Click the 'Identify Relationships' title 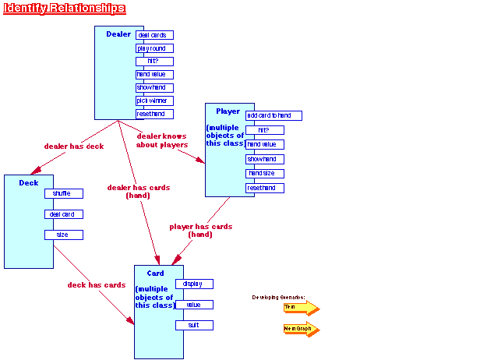(x=64, y=9)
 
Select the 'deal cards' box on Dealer (x=154, y=35)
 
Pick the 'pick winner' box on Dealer (x=154, y=101)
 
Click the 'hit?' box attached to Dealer (x=154, y=62)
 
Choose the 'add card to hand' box (x=273, y=116)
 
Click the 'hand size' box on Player (x=265, y=174)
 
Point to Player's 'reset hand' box (x=265, y=188)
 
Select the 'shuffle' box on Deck (x=63, y=194)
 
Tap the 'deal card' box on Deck (x=63, y=214)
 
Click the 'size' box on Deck (x=63, y=235)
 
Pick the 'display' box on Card (x=194, y=284)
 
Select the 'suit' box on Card (x=194, y=325)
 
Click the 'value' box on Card (x=194, y=305)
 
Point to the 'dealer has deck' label (x=73, y=146)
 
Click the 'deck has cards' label (x=96, y=285)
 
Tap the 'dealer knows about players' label (x=162, y=140)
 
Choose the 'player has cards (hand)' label (x=200, y=231)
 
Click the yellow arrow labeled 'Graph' (x=301, y=329)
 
